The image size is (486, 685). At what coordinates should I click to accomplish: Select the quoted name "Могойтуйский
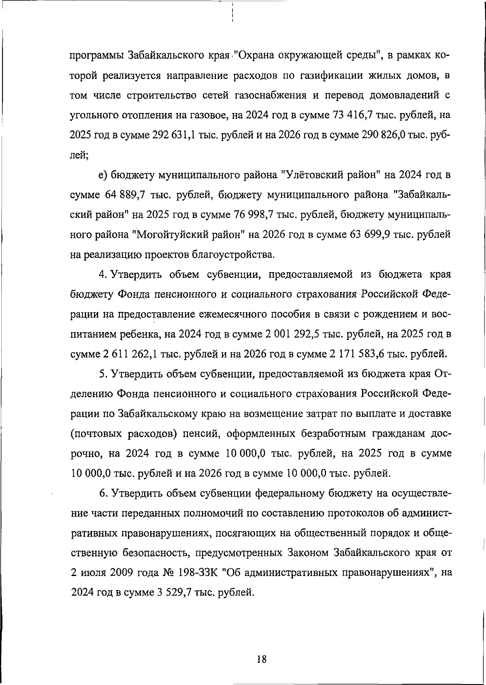171,235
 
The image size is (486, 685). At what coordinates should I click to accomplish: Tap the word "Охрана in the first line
257,55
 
